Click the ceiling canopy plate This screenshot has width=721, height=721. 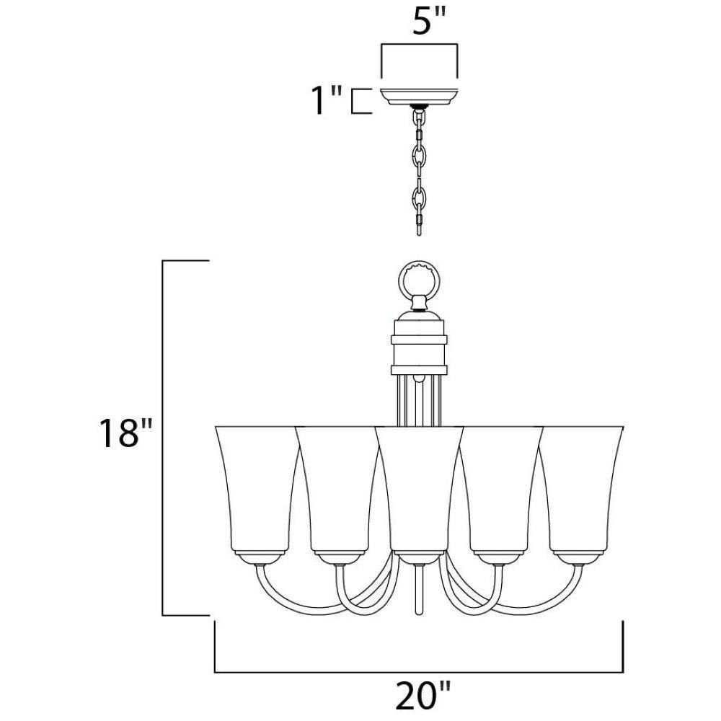coord(418,96)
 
